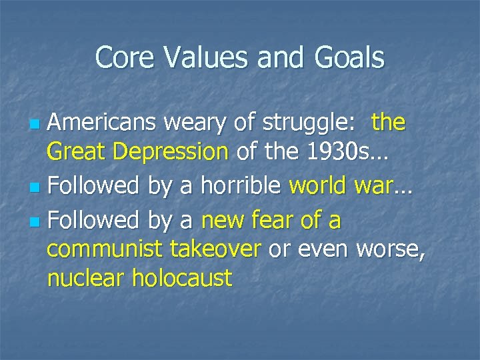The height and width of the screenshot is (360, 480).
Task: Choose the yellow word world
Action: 317,185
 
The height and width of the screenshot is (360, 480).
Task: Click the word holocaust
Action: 182,278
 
